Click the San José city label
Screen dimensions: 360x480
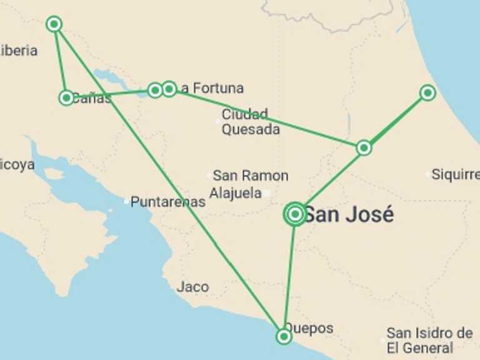tap(349, 215)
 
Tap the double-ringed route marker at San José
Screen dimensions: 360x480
tap(295, 214)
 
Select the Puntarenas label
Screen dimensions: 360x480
tap(168, 202)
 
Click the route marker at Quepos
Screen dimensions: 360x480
tap(284, 336)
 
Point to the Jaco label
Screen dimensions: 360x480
tap(192, 287)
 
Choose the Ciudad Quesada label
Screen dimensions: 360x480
tap(250, 122)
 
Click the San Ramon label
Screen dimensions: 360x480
tap(250, 176)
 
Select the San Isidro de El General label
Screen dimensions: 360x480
tap(429, 340)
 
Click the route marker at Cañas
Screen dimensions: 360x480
tap(66, 97)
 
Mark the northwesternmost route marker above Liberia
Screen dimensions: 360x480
tap(54, 24)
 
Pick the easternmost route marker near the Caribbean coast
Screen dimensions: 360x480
tap(427, 93)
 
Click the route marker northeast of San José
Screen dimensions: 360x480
tap(364, 147)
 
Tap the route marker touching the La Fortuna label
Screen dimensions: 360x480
tap(169, 89)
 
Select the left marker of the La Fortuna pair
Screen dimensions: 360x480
tap(155, 91)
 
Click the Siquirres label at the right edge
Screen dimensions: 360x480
tap(455, 175)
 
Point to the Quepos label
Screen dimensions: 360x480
tap(310, 328)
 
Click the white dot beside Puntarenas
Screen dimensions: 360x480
tap(126, 201)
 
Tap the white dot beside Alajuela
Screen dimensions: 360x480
tap(266, 193)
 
